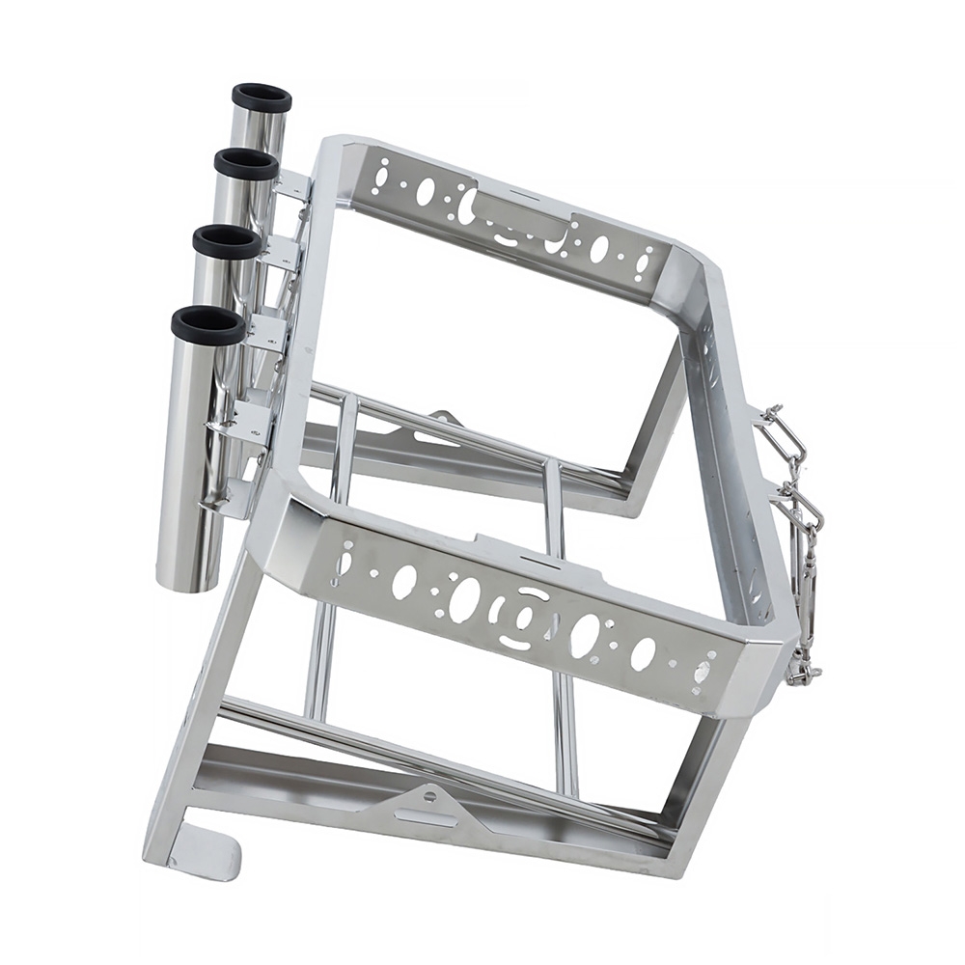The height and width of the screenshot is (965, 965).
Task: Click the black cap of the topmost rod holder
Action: click(262, 97)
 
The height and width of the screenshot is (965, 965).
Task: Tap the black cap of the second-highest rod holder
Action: click(246, 163)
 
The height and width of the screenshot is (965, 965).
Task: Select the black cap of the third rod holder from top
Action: click(227, 240)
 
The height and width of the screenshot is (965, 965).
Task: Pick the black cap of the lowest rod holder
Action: click(207, 325)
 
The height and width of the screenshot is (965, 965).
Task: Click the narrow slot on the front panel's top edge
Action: click(532, 557)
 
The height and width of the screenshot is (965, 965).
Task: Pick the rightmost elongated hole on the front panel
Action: click(702, 669)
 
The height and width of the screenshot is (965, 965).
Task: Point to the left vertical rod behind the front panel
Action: click(321, 656)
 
